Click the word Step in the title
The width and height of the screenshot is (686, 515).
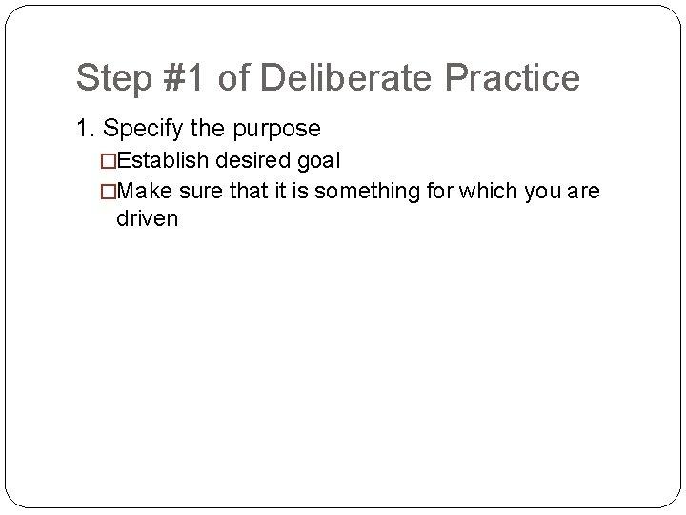pos(108,78)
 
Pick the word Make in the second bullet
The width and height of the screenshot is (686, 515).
pos(144,191)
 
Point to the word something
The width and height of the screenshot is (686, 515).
pos(361,191)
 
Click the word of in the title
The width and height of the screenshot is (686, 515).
pos(232,78)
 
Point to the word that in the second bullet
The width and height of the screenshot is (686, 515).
pos(246,191)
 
